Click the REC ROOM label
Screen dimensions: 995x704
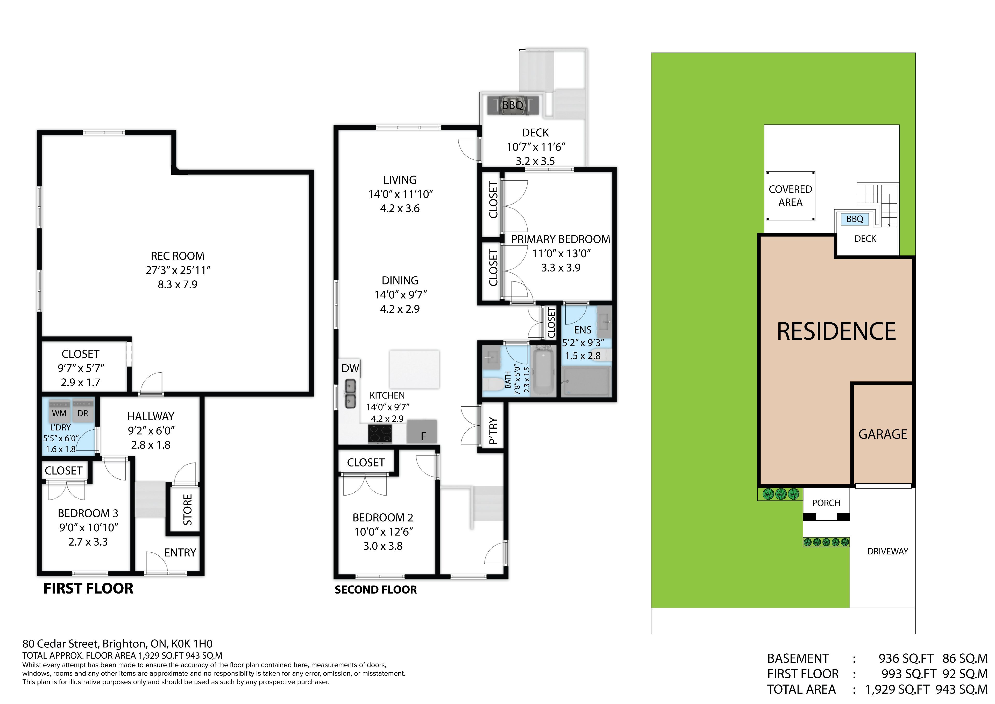tap(178, 256)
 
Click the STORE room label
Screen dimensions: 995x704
tap(188, 510)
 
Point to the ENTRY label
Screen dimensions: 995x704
tap(180, 553)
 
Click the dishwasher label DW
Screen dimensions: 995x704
tap(350, 368)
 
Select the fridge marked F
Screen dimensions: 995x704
tap(422, 431)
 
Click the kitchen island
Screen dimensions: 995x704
tap(414, 369)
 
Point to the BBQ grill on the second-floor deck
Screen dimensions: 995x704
tap(513, 105)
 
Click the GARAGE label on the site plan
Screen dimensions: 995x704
tap(883, 434)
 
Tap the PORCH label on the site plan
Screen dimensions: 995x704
tap(826, 503)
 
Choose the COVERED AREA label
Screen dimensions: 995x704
tap(791, 196)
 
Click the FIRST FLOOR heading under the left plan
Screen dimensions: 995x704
tap(88, 589)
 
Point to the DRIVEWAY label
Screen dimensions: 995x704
tap(887, 551)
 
